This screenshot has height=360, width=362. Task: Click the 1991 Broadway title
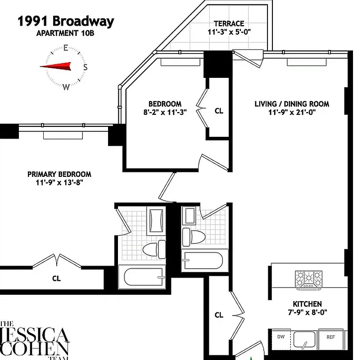pos(66,21)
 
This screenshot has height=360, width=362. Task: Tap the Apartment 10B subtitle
pos(66,33)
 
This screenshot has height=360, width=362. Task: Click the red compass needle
pos(56,67)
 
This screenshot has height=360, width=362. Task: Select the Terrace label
pos(229,23)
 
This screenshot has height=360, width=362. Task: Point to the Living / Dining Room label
pos(292,104)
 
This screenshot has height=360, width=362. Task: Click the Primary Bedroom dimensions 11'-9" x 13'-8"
pos(59,183)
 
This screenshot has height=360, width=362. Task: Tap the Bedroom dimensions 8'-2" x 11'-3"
pos(165,112)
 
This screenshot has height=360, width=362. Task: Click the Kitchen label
pos(307,304)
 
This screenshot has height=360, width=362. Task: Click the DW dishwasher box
pos(281,337)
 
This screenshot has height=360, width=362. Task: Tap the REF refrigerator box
pos(330,337)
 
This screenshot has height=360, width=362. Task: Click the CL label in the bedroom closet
pos(219,111)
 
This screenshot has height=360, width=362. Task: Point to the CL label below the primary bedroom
pos(56,279)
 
